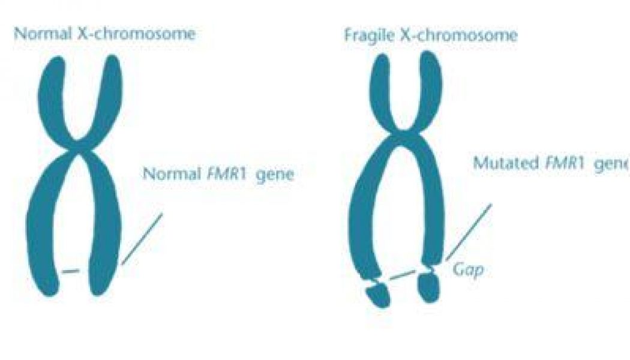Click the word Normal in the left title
(x=43, y=34)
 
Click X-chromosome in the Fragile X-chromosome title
(x=458, y=35)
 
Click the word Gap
(x=468, y=269)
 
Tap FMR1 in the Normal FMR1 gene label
(x=227, y=174)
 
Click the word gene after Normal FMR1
(x=275, y=175)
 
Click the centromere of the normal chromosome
(x=80, y=149)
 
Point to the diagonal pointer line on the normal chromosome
(x=142, y=239)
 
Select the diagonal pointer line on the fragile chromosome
(x=468, y=232)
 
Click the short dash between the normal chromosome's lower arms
(x=71, y=272)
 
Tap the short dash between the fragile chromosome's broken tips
(x=402, y=275)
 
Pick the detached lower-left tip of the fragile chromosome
(x=378, y=295)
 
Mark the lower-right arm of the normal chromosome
(x=105, y=225)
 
